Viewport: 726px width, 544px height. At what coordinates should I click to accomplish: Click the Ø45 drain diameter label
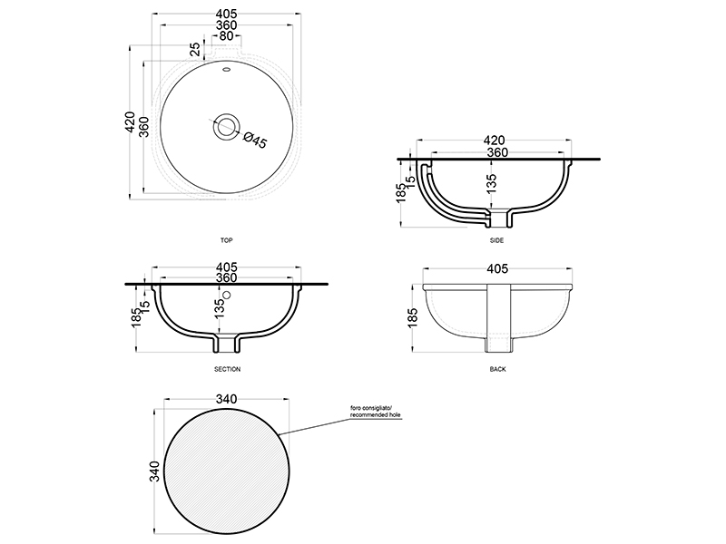click(254, 141)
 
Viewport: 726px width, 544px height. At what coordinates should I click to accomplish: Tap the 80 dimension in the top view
click(226, 35)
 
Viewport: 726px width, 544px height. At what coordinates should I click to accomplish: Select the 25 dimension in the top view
click(196, 49)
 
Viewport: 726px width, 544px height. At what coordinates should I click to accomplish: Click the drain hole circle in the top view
click(226, 125)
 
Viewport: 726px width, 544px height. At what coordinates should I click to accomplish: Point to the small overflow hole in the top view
click(227, 71)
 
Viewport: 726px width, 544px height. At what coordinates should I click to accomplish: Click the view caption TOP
click(226, 240)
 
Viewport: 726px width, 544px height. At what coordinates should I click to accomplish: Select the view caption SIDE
click(496, 240)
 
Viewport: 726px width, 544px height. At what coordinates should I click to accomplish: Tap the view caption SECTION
click(228, 369)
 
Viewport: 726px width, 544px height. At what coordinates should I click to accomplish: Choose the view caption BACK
click(497, 369)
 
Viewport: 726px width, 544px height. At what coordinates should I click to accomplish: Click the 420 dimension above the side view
click(494, 141)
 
